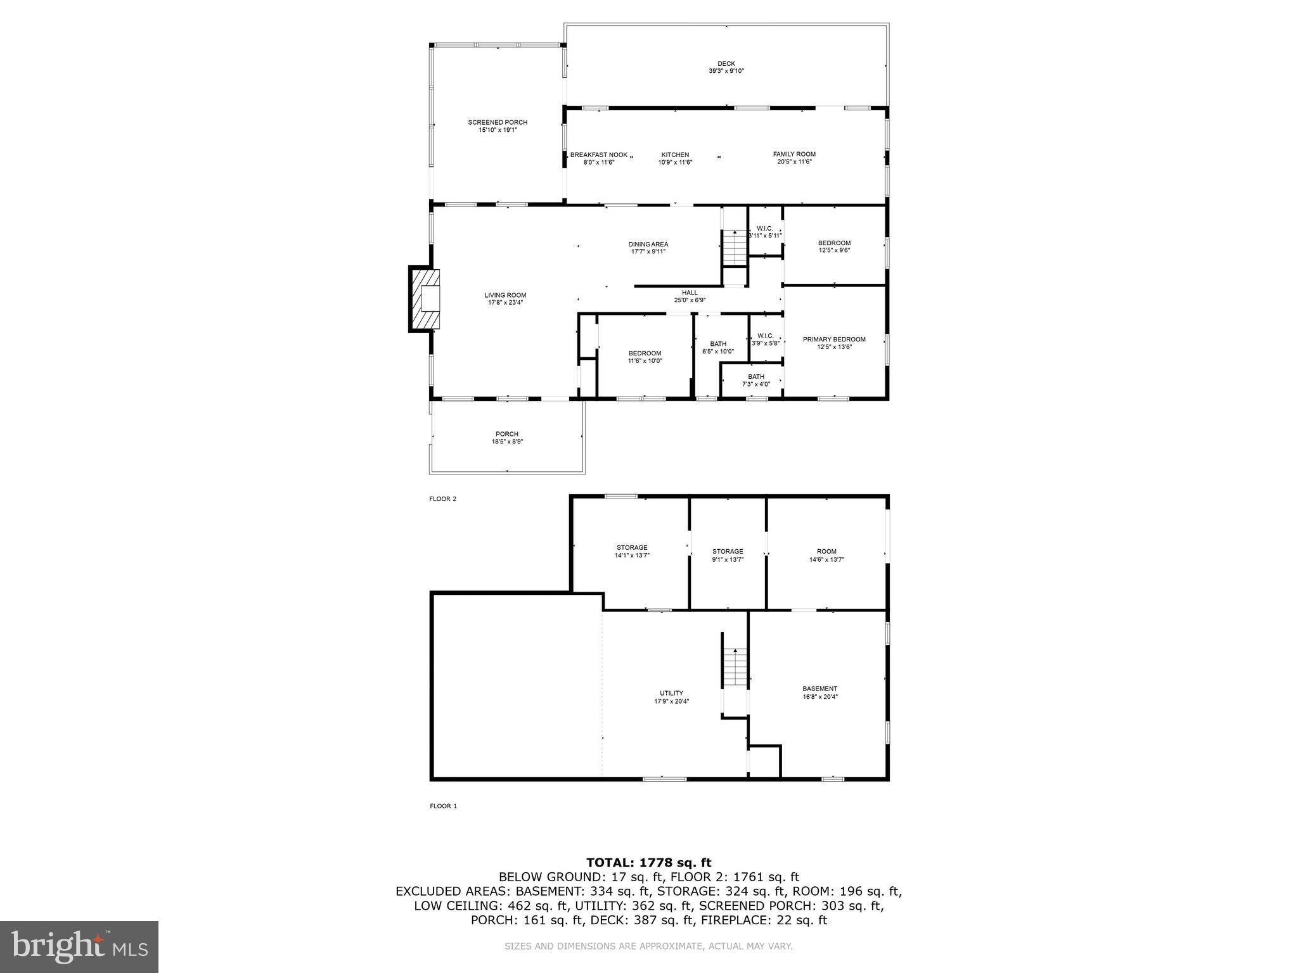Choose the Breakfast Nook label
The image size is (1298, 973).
pos(599,155)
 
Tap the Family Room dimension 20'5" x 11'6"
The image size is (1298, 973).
pos(794,162)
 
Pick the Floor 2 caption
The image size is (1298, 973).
pos(443,499)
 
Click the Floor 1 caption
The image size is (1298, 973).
pos(443,806)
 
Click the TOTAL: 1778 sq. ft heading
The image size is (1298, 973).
pos(648,862)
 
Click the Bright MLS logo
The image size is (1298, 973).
pos(79,946)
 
